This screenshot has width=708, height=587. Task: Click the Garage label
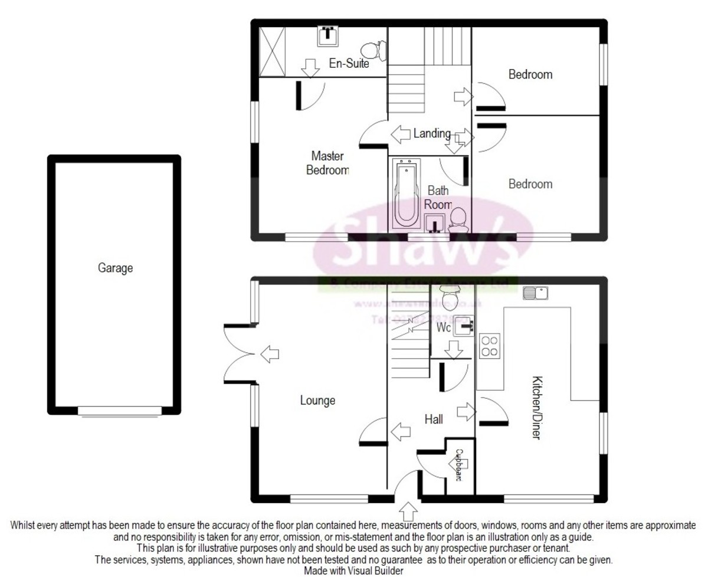[115, 268]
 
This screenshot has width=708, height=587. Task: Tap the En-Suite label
[349, 64]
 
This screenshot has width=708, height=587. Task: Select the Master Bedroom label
[328, 163]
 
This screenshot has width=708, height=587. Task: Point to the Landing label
[432, 133]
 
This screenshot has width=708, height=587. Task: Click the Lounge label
[317, 401]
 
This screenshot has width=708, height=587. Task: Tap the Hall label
[434, 419]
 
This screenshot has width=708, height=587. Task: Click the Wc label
[444, 326]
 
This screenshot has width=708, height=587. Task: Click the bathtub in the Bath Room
[405, 194]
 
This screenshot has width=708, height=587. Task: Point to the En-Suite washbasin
[327, 36]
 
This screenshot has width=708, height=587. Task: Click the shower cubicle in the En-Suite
[272, 50]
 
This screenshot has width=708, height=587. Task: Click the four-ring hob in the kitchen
[490, 345]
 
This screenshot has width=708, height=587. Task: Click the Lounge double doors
[239, 354]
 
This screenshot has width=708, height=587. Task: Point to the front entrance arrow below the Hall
[408, 511]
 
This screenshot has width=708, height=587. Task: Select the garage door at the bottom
[120, 411]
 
